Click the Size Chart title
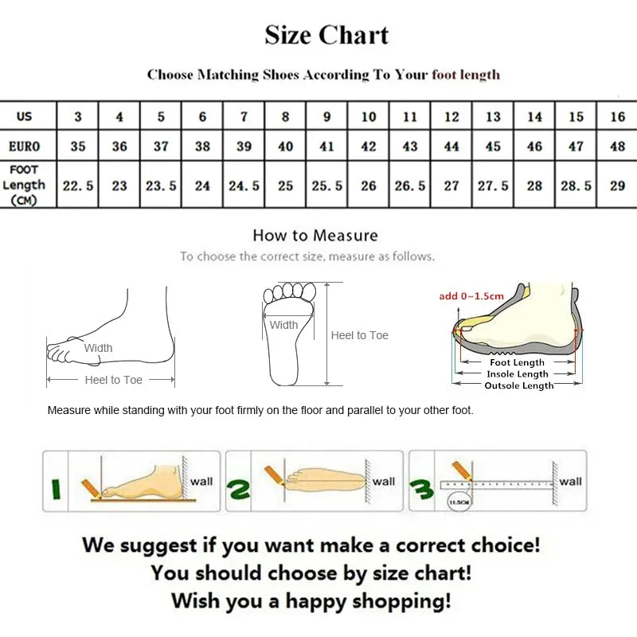[326, 36]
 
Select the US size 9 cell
[327, 117]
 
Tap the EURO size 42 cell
[369, 147]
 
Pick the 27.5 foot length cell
[493, 186]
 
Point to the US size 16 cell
[617, 117]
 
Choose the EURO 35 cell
[78, 147]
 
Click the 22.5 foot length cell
[78, 186]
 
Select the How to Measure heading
[315, 236]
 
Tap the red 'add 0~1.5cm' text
[471, 297]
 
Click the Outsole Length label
[519, 385]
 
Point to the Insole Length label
[518, 374]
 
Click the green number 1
[56, 487]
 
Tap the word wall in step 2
[384, 482]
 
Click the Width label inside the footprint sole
[283, 325]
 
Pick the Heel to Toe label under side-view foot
[114, 381]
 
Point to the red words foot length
[466, 75]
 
